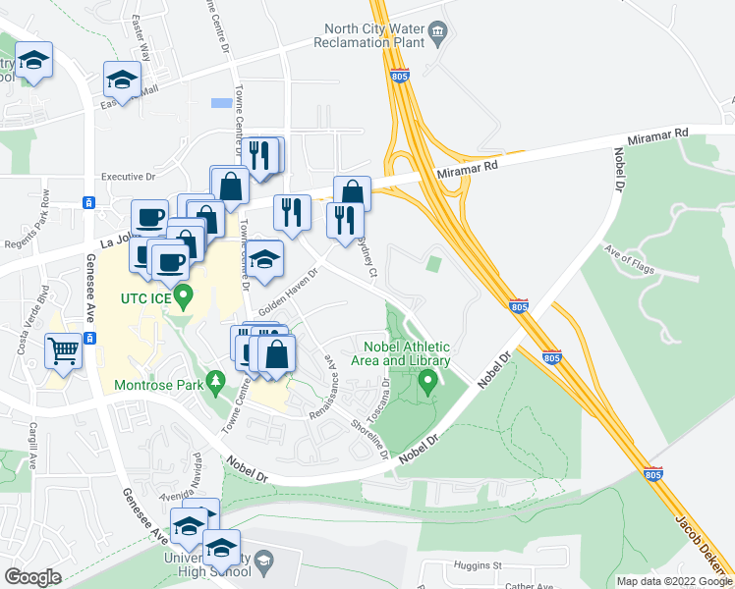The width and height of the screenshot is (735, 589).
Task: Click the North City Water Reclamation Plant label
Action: pos(373,35)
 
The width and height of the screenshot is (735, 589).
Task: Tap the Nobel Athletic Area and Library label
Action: pos(407,353)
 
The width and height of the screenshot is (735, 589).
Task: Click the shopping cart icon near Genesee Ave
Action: pos(64,350)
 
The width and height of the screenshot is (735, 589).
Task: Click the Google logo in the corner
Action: pos(32,577)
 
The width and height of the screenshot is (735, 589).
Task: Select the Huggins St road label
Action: pos(479,565)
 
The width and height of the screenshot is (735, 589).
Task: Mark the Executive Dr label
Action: pos(129,177)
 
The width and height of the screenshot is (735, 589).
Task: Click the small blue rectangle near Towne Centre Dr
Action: pos(222,102)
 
